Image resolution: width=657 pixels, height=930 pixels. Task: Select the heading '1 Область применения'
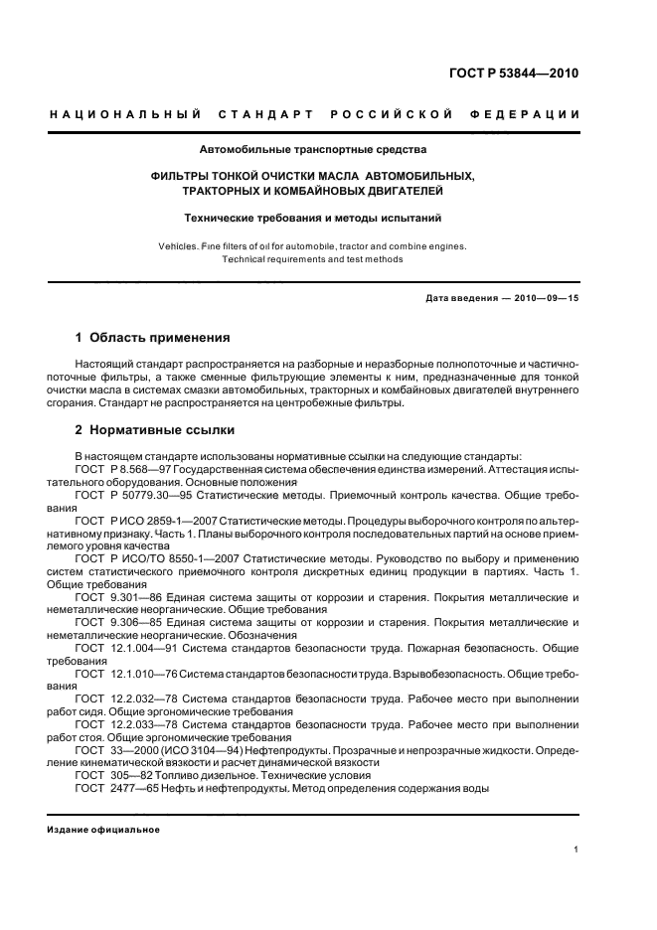(x=153, y=337)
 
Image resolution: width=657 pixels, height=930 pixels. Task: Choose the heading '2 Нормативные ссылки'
(x=155, y=430)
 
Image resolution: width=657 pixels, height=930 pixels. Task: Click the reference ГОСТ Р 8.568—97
(x=124, y=468)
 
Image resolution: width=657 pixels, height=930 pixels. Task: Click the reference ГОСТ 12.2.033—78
(x=123, y=726)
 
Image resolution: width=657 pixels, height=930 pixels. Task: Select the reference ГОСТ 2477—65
(x=112, y=788)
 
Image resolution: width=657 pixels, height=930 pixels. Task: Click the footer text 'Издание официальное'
(x=103, y=830)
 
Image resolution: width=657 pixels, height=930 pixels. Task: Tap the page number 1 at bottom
(x=576, y=850)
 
